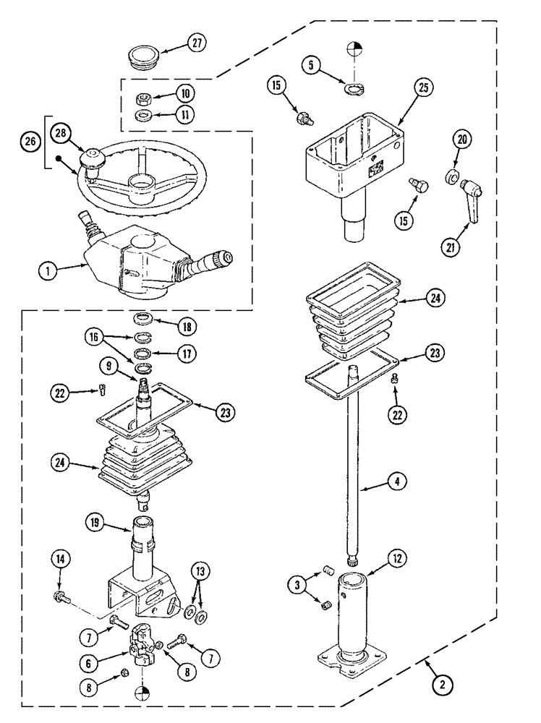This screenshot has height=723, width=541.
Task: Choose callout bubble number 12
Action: click(396, 559)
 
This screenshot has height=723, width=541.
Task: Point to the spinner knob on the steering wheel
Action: click(93, 159)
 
